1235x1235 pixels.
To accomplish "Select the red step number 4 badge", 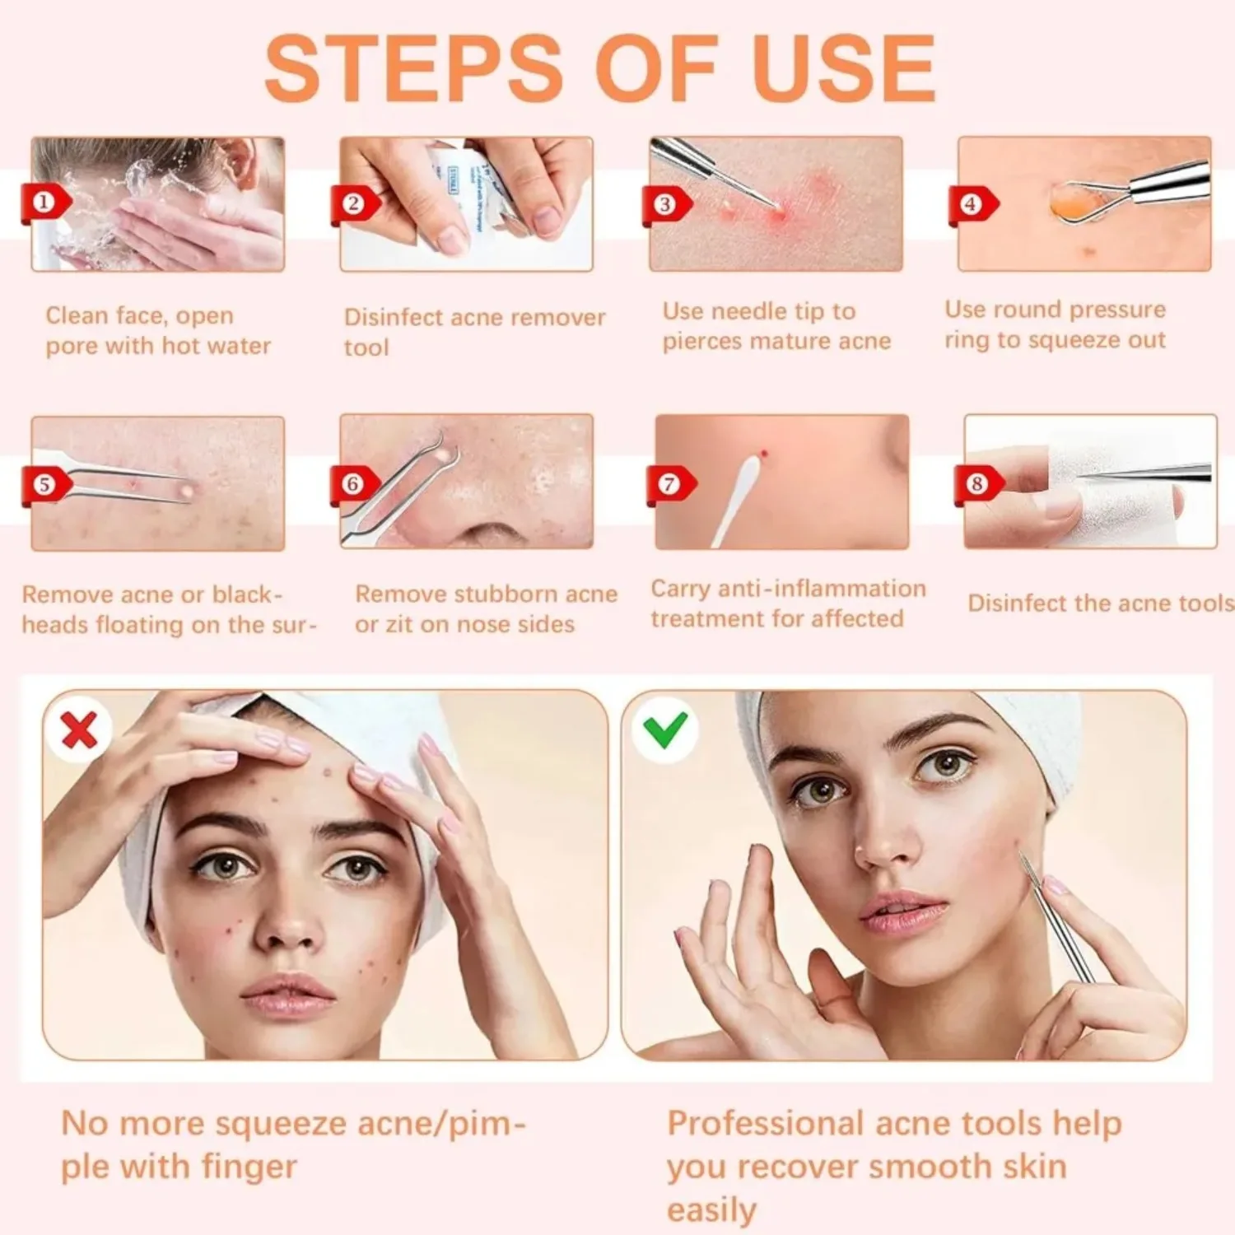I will tap(972, 204).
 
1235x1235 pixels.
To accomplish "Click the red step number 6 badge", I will tap(352, 483).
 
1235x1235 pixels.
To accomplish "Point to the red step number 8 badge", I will tap(976, 483).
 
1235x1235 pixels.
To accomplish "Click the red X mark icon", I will tap(79, 729).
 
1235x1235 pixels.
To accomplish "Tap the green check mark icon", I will tap(665, 729).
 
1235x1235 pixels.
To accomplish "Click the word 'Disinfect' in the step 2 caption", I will tap(392, 318).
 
